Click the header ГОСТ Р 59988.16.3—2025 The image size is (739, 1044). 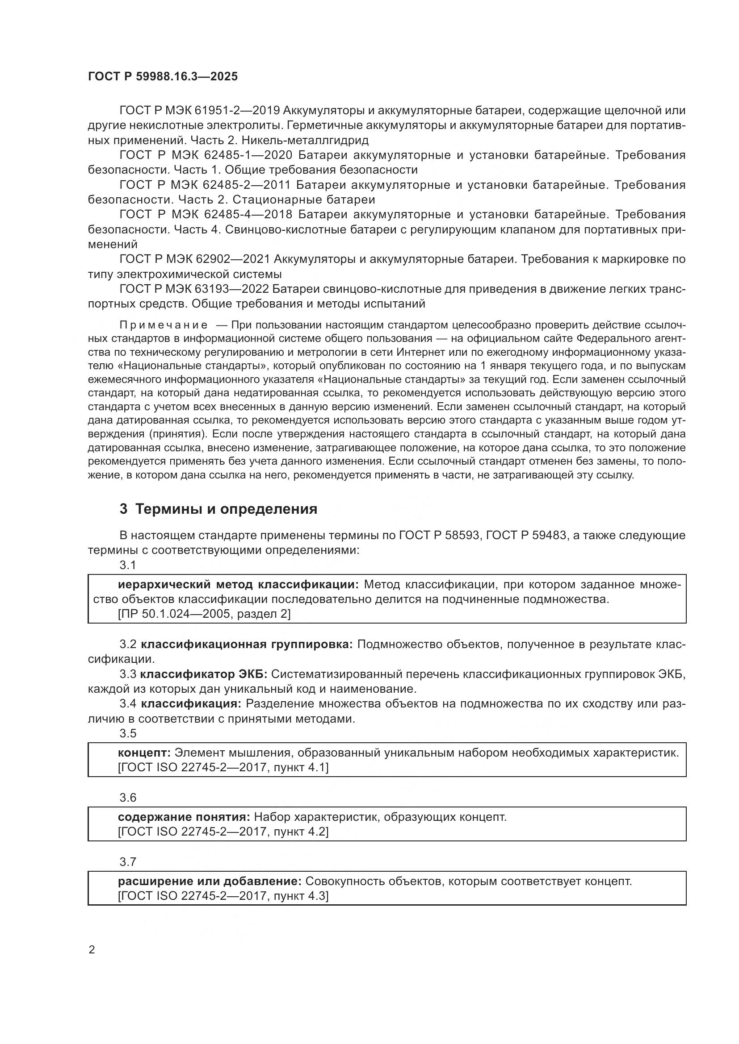pyautogui.click(x=163, y=77)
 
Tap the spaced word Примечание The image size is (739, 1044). pyautogui.click(x=164, y=325)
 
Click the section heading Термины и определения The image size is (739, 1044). pyautogui.click(x=226, y=509)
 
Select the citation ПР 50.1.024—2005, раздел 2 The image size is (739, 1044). pyautogui.click(x=204, y=614)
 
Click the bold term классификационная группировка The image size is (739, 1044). pyautogui.click(x=247, y=645)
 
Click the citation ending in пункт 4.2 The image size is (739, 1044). pyautogui.click(x=223, y=832)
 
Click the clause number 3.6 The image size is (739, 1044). pyautogui.click(x=128, y=798)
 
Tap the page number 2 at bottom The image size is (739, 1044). pyautogui.click(x=92, y=950)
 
